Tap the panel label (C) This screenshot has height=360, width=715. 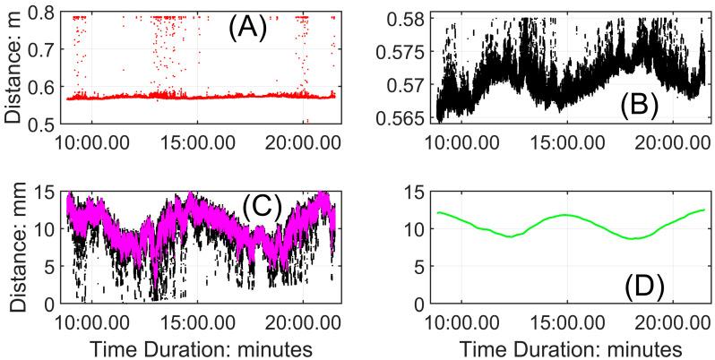[x=263, y=208]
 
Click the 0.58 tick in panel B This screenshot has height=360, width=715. [x=408, y=17]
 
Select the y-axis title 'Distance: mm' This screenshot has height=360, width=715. [x=13, y=247]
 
